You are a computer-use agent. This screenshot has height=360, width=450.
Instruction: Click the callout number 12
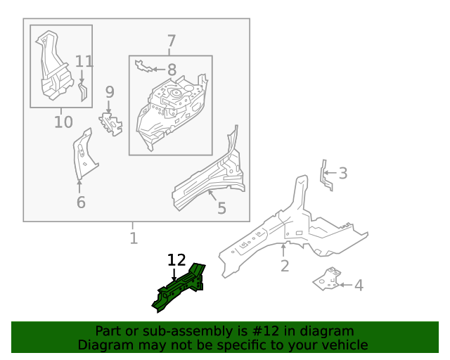click(x=176, y=260)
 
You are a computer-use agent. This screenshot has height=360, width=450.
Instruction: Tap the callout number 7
click(x=171, y=41)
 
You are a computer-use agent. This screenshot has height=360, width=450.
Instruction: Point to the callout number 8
click(x=172, y=70)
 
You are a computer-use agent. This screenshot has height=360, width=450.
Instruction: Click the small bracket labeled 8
click(x=143, y=66)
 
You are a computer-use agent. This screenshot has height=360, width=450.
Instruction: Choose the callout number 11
click(x=84, y=61)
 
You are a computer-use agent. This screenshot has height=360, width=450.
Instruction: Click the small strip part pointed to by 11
click(x=83, y=92)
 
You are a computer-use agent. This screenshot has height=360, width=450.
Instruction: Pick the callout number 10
click(x=63, y=122)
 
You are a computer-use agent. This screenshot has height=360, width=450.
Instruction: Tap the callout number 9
click(x=110, y=92)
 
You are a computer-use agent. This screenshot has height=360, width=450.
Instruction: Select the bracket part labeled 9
click(x=111, y=124)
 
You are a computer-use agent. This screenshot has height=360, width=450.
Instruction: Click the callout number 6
click(x=81, y=202)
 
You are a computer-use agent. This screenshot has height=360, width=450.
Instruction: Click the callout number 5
click(x=221, y=208)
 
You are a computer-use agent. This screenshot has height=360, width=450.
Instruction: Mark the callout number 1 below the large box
click(x=134, y=238)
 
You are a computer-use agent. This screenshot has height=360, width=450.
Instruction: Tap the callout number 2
click(x=284, y=266)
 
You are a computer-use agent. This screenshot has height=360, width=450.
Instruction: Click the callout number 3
click(x=343, y=173)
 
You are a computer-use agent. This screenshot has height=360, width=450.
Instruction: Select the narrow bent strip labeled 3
click(x=326, y=175)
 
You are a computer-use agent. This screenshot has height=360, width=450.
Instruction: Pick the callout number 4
click(x=359, y=285)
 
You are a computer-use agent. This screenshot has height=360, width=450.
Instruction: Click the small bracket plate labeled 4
click(x=327, y=279)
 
